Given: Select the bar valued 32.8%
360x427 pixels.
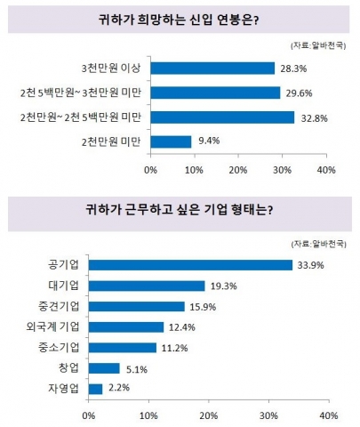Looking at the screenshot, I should coord(221,117).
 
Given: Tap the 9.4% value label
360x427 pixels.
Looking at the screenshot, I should coord(210,141).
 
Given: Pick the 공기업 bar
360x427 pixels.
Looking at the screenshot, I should coord(190,265).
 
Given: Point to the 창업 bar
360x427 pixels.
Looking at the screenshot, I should coord(103,367).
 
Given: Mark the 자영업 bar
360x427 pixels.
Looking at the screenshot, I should coord(95,388).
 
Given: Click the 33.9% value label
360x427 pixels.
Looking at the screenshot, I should coord(312,265).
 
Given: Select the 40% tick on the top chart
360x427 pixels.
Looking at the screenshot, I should coord(325,169).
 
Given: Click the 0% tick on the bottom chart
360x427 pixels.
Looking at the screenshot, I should coord(88,415).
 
